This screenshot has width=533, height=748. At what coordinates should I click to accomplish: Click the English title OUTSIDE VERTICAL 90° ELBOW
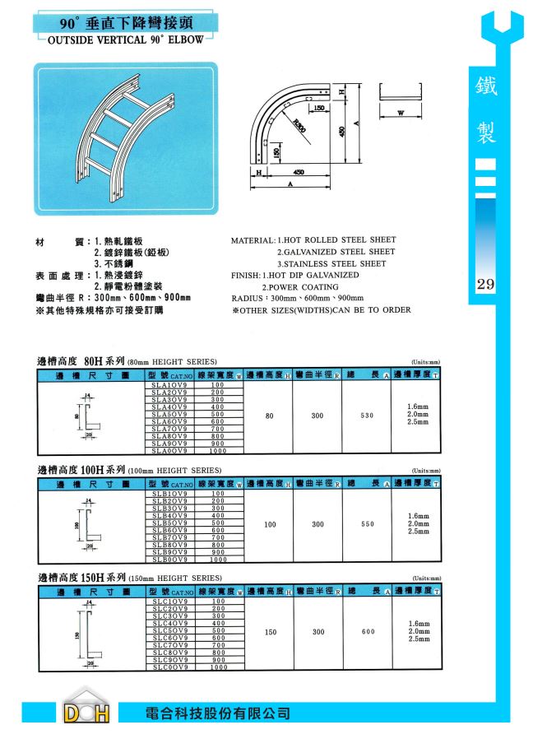pyautogui.click(x=125, y=38)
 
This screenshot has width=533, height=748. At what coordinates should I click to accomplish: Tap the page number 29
pyautogui.click(x=484, y=286)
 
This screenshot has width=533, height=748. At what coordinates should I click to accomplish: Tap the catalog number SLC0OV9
pyautogui.click(x=170, y=668)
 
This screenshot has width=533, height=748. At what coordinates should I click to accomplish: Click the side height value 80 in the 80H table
pyautogui.click(x=270, y=416)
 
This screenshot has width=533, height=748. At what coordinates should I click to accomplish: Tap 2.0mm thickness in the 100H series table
pyautogui.click(x=418, y=523)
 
